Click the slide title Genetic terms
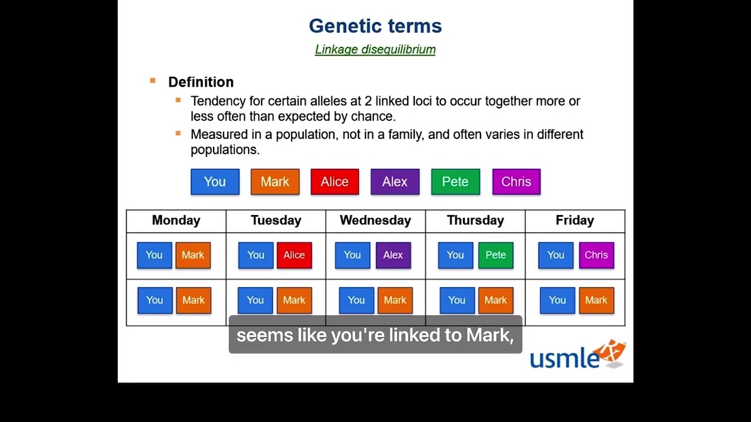pos(375,26)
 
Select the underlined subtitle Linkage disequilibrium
pos(375,50)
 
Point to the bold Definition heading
pos(201,82)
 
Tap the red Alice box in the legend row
pos(334,182)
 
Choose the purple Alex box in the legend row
pos(395,182)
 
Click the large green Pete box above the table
pos(455,182)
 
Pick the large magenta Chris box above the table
pos(516,182)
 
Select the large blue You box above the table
pos(215,182)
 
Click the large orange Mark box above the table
pos(275,182)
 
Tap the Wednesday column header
pos(375,220)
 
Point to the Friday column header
pos(574,220)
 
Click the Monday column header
pos(176,220)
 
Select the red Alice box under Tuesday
pos(294,255)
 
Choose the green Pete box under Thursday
pos(495,255)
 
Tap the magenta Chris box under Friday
pos(596,255)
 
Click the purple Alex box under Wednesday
pos(393,255)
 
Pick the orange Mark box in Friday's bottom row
pos(596,300)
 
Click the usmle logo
pos(577,355)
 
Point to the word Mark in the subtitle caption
pos(488,335)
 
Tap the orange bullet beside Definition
pos(153,81)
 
